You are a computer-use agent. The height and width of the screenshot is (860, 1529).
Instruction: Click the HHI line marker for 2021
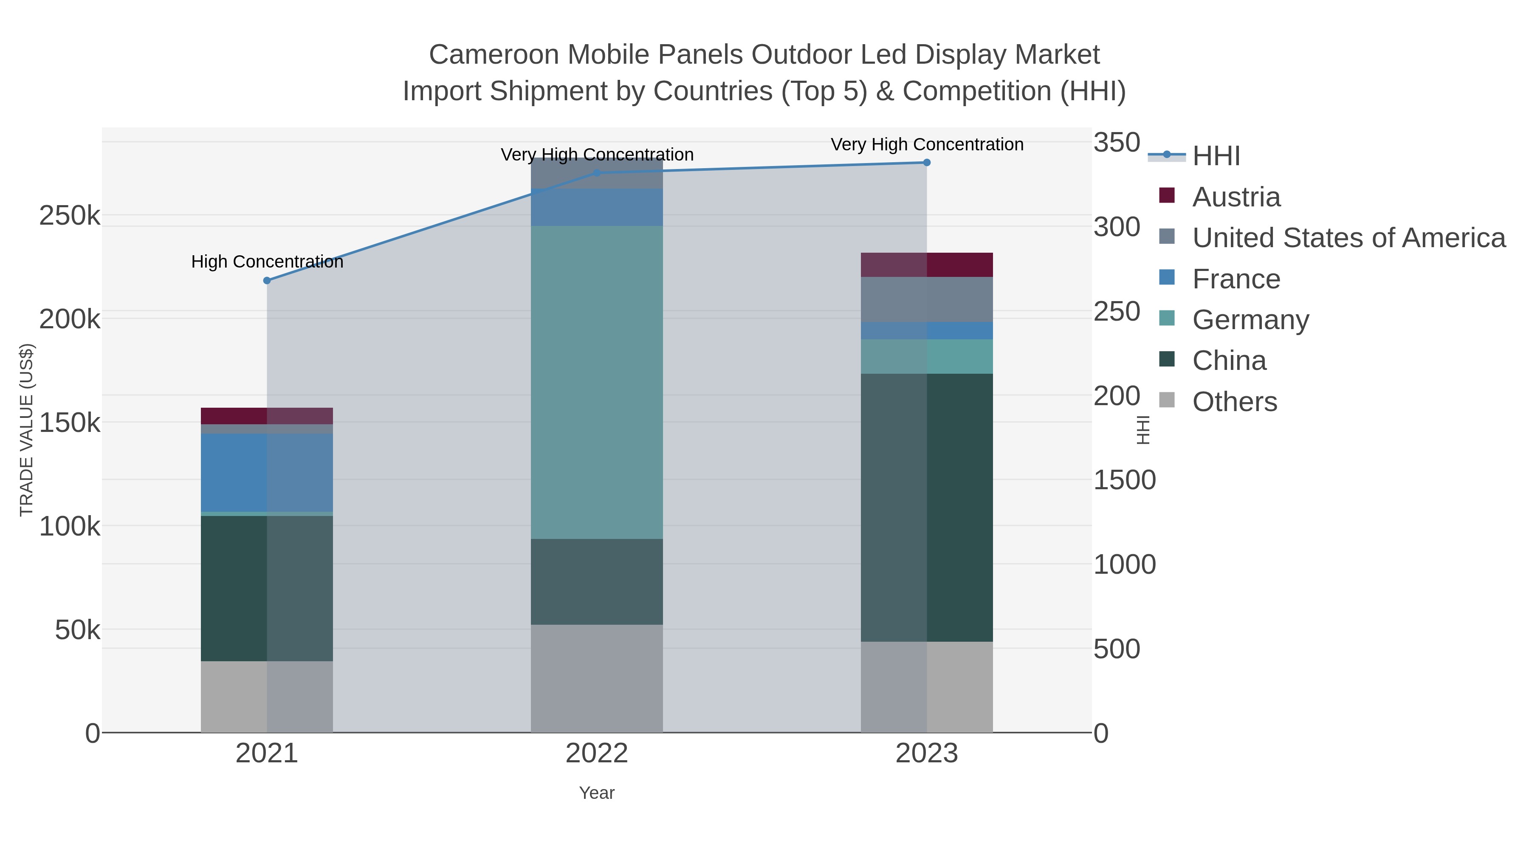point(267,281)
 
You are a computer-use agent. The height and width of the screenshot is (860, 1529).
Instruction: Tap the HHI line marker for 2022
point(597,173)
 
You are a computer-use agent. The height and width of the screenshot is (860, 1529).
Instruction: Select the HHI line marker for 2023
point(927,163)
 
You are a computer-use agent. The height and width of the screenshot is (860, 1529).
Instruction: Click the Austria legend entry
point(1220,197)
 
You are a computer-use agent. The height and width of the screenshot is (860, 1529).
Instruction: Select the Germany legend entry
point(1234,320)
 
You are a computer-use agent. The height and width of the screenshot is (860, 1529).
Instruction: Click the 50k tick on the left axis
point(77,630)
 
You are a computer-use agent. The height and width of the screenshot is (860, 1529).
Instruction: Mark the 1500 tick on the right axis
point(1125,480)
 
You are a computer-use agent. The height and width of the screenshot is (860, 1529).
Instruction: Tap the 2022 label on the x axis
point(597,754)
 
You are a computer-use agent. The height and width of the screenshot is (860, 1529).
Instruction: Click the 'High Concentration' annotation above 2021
point(267,262)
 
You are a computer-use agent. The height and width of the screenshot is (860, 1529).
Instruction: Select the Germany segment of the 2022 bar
point(597,382)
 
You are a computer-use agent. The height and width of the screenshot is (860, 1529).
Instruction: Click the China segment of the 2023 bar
point(927,508)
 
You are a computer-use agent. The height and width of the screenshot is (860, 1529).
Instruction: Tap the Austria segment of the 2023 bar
point(927,265)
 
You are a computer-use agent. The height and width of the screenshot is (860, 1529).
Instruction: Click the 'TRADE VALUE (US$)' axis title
point(27,430)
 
